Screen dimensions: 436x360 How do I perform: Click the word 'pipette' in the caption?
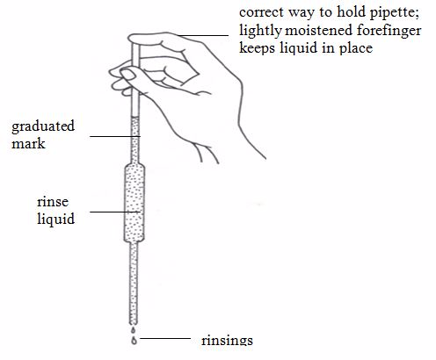click(394, 13)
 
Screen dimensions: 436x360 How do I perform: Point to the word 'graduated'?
click(43, 127)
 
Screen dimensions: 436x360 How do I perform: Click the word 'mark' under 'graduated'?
click(28, 143)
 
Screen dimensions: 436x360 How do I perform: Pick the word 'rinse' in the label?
click(53, 202)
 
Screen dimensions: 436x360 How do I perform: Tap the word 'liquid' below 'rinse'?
click(55, 219)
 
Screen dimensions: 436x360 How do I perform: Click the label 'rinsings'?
click(227, 341)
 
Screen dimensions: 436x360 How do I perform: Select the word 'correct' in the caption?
click(261, 13)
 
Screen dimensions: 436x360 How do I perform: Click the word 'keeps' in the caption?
click(257, 47)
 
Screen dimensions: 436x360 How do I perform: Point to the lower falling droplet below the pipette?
click(134, 341)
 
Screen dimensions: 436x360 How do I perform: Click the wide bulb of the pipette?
click(134, 203)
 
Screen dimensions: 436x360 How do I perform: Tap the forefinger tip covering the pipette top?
click(134, 39)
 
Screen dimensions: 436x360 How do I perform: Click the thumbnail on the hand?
click(128, 75)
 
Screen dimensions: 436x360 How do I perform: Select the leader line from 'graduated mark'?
click(115, 136)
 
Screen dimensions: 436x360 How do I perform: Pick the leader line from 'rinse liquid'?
click(115, 212)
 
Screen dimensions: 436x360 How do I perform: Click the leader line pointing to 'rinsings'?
click(165, 338)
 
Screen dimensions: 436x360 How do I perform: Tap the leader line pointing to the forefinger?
click(203, 35)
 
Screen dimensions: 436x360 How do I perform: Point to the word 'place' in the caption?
click(356, 48)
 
